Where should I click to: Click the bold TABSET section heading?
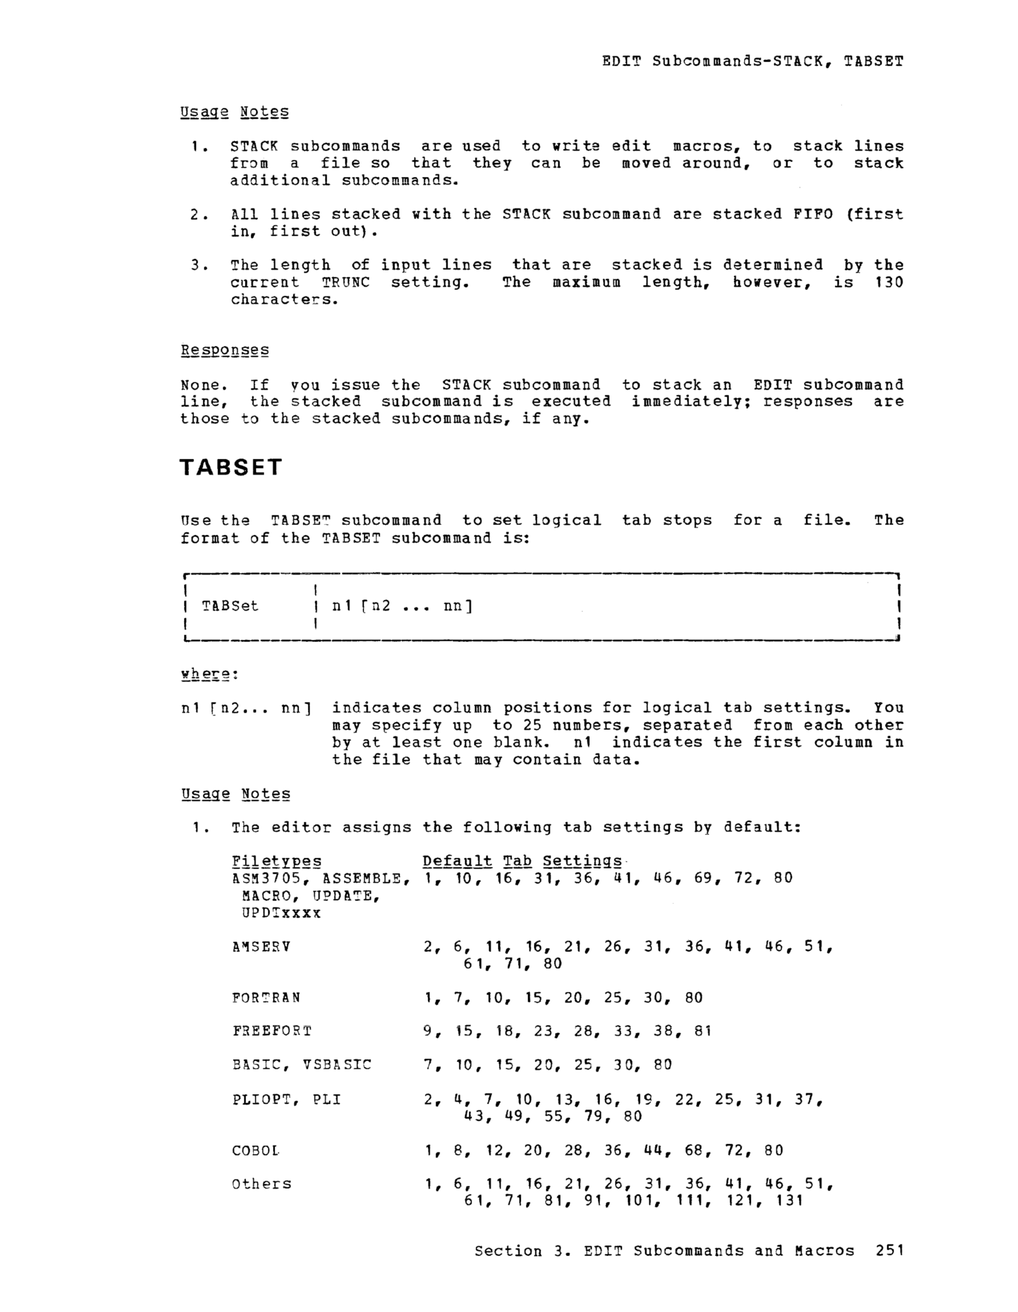point(231,467)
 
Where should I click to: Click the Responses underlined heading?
point(225,350)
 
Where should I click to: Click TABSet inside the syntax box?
point(230,605)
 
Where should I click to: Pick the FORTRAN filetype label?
point(265,997)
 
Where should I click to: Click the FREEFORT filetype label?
point(272,1031)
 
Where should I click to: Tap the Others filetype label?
point(261,1184)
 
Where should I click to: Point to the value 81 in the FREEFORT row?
point(702,1031)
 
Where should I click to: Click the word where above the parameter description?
point(206,674)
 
